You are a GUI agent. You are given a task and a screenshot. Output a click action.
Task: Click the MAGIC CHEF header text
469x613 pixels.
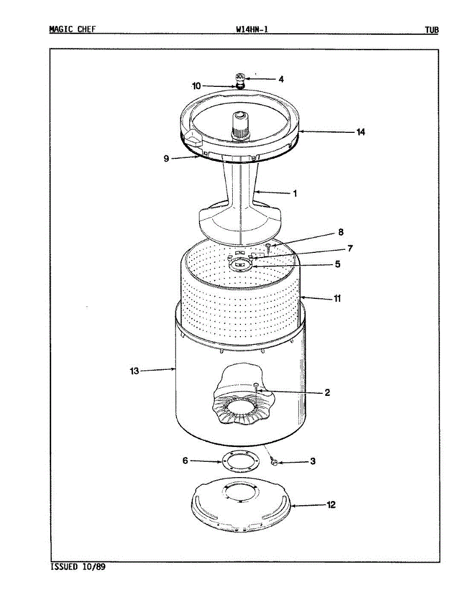point(72,30)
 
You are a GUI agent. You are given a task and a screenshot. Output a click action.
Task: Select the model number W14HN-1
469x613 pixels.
point(252,30)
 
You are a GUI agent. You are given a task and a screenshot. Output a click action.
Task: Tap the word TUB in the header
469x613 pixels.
point(431,30)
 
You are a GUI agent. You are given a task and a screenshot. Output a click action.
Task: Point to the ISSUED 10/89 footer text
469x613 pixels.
point(78,567)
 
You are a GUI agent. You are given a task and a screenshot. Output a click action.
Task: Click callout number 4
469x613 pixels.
point(281,79)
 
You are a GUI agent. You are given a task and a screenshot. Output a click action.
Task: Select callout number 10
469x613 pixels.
point(196,86)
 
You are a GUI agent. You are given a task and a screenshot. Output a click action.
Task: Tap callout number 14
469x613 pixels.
point(361,132)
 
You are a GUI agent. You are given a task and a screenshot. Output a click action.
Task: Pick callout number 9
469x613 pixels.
point(166,158)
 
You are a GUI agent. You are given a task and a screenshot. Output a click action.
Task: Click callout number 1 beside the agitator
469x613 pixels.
point(295,194)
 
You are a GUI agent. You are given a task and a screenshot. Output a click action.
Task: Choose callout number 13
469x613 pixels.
point(134,371)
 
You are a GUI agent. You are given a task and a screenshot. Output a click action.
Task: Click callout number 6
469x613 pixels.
point(186,461)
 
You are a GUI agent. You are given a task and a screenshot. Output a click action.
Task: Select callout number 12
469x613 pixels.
point(331,505)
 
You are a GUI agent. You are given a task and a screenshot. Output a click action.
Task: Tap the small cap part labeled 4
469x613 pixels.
point(239,79)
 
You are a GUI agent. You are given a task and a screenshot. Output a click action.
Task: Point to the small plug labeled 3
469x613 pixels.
point(274,462)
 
